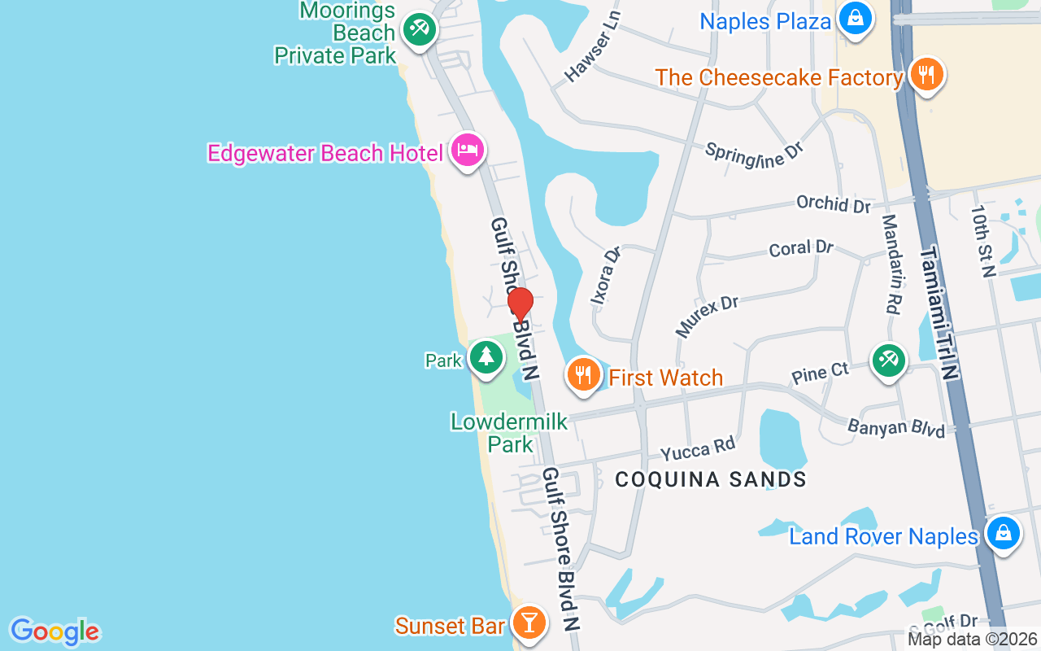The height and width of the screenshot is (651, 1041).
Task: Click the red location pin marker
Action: point(520,304)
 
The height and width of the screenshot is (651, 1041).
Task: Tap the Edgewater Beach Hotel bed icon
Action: point(468,151)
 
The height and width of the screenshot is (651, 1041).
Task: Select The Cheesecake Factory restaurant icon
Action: point(926,76)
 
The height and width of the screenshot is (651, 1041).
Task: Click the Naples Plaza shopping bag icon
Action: point(855,19)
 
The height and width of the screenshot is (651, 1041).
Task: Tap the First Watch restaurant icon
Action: point(583,375)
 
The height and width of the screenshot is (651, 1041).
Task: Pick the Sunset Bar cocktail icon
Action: point(529,623)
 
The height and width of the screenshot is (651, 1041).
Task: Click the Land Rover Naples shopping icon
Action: point(1003,534)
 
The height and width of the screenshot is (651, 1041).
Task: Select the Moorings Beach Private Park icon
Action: point(420,31)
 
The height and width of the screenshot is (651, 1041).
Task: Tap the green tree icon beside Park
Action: point(486,357)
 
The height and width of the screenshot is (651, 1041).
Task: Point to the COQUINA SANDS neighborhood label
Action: point(711,479)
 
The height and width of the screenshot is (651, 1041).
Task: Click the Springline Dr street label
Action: point(754,154)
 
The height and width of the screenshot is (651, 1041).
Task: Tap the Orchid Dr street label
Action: point(834,203)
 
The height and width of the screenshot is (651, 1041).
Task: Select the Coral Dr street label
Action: point(801,247)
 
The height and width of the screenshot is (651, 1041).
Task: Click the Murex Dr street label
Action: point(706,316)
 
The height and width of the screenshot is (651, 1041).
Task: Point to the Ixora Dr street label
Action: point(606,275)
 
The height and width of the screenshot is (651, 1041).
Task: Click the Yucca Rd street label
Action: point(698,448)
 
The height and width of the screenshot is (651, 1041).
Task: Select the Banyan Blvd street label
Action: point(896,427)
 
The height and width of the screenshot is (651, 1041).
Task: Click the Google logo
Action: point(54,631)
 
